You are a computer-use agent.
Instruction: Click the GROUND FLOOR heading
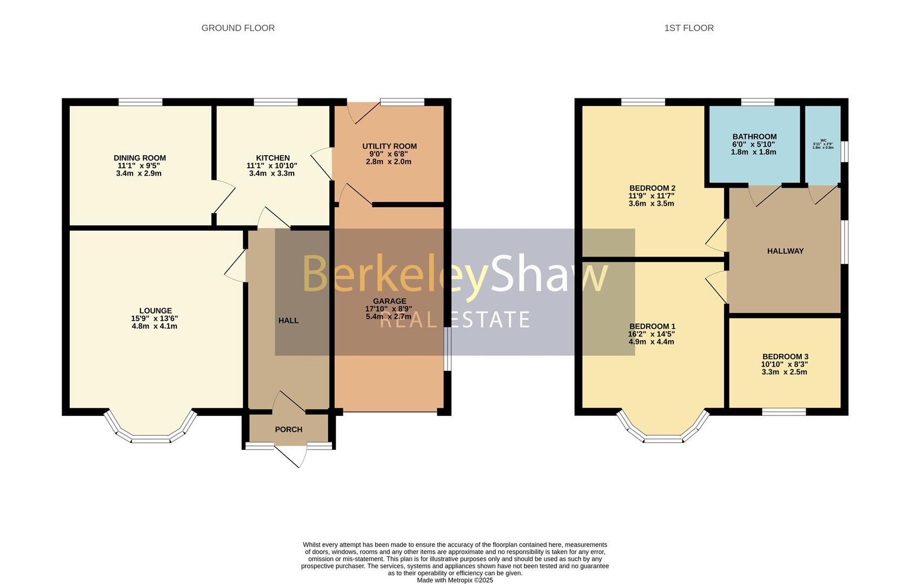tap(238, 28)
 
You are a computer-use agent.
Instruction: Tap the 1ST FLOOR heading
tap(688, 28)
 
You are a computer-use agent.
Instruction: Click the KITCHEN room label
tap(273, 158)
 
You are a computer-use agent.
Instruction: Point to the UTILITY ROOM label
tap(389, 146)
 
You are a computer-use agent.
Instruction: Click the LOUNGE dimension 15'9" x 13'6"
tap(155, 318)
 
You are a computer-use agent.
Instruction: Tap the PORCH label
tap(288, 429)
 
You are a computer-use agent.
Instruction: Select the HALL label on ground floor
tap(288, 321)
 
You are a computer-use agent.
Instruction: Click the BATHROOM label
tap(754, 137)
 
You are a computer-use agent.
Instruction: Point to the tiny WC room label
tap(823, 141)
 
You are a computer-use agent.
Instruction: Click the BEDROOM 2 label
tap(652, 188)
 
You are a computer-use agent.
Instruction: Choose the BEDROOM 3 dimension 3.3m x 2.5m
tap(784, 372)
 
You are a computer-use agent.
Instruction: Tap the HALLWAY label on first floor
tap(785, 251)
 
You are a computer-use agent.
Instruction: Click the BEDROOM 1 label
tap(652, 327)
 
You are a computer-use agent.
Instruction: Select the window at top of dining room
tap(140, 102)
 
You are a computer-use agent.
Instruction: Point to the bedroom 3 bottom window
tap(783, 412)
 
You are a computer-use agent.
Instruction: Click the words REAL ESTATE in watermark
tap(455, 320)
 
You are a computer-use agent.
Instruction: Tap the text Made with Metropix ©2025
tap(455, 580)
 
